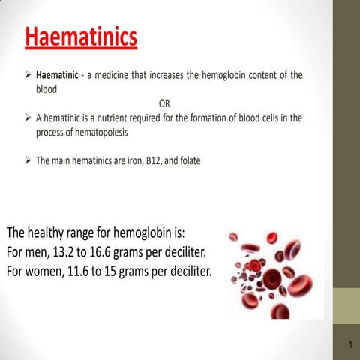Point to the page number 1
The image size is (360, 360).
pyautogui.click(x=349, y=344)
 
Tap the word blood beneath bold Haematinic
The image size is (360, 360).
pyautogui.click(x=46, y=88)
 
